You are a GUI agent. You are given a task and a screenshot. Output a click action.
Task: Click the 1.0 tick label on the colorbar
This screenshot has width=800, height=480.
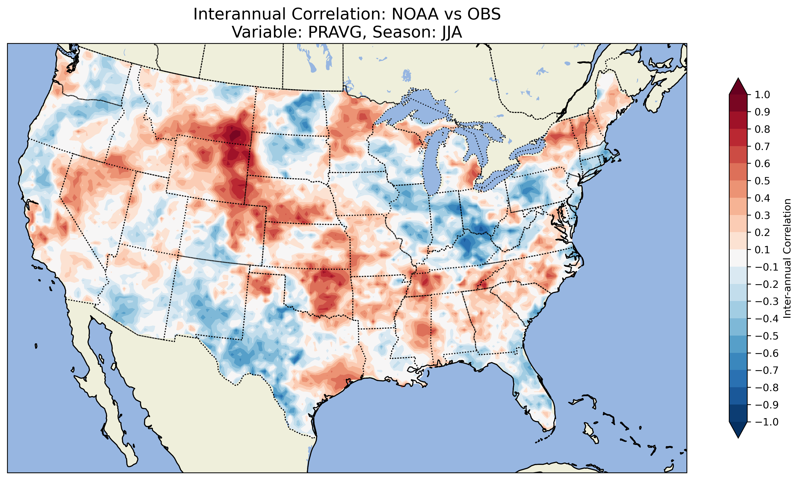(762, 95)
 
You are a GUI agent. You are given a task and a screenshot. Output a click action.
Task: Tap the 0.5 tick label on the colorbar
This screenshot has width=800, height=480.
(762, 181)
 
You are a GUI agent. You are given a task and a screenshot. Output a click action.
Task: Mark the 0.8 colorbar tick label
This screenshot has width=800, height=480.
(762, 129)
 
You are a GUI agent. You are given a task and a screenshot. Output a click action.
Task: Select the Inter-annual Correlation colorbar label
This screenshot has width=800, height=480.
(787, 258)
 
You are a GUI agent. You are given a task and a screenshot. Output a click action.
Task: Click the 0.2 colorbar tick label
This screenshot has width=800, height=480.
(762, 233)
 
